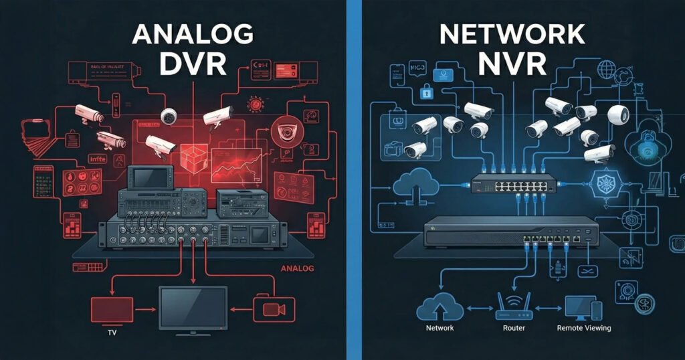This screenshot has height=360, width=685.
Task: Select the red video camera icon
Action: pos(270,309)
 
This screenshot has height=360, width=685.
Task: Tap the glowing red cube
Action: pos(187,157)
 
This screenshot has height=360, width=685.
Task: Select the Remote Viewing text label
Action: pos(583,328)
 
